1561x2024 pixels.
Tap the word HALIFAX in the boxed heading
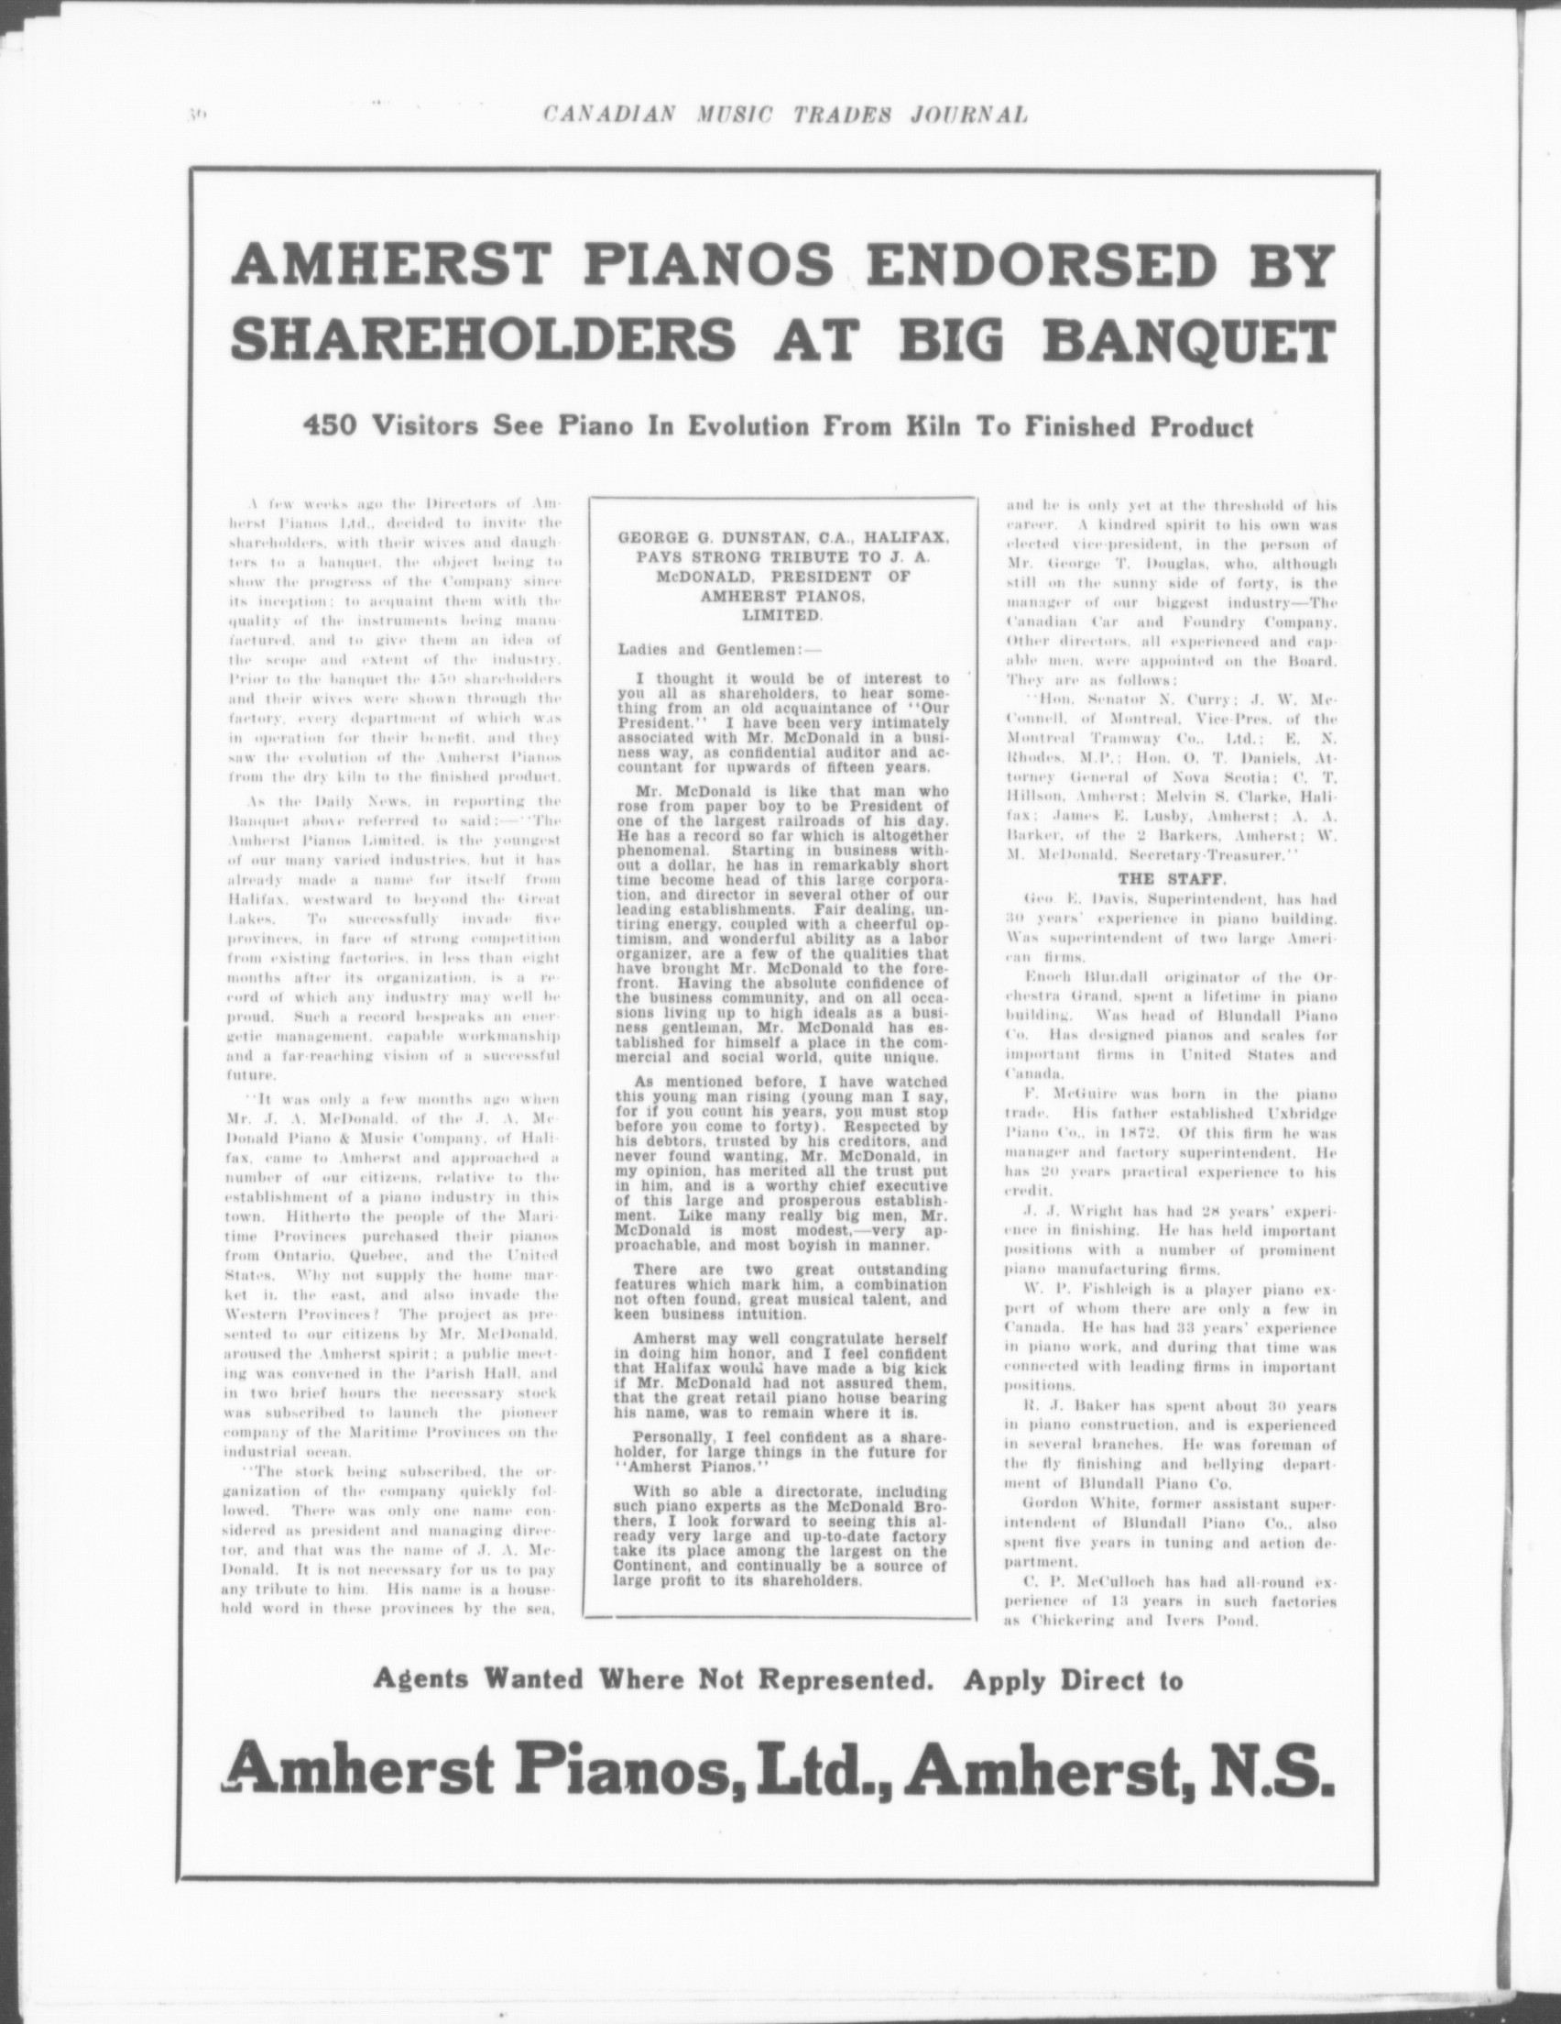click(927, 536)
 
